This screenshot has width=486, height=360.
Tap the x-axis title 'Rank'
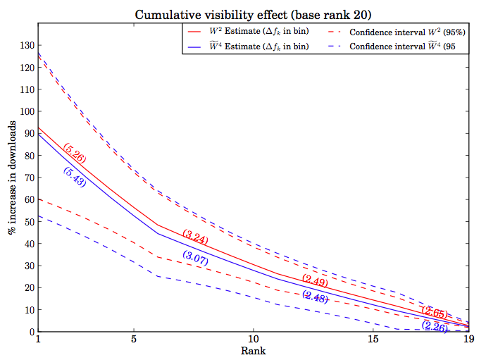(x=253, y=350)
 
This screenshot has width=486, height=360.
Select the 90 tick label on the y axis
(x=28, y=134)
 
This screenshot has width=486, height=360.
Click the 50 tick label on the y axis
(x=28, y=222)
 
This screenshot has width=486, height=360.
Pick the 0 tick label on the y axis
(x=31, y=332)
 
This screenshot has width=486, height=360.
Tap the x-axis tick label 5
(x=134, y=340)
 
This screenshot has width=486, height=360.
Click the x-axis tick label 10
(x=253, y=340)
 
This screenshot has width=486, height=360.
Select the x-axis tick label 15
(x=373, y=340)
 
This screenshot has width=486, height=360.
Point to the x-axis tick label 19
(x=468, y=340)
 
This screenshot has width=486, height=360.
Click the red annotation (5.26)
(x=75, y=153)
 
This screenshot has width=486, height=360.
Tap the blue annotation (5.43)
(x=74, y=177)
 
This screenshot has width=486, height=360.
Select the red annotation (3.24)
(x=195, y=237)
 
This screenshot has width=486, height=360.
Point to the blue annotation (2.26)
(x=435, y=325)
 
